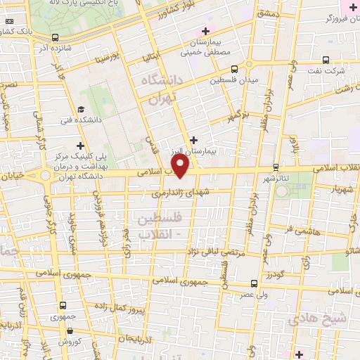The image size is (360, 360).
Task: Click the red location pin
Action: click(x=181, y=167)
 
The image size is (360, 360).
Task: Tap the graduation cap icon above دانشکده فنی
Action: click(x=82, y=110)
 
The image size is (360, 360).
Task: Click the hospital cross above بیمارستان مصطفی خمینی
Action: click(x=205, y=31)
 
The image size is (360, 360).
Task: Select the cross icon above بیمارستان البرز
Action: click(x=194, y=140)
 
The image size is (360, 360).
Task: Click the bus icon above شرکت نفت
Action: click(x=326, y=60)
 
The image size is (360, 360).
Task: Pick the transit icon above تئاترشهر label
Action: click(x=275, y=167)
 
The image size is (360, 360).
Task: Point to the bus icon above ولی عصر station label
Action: click(x=254, y=283)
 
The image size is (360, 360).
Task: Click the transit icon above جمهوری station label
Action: click(x=64, y=305)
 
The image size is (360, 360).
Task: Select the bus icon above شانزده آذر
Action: click(x=56, y=38)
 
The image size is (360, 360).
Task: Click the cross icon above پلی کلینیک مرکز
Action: click(x=81, y=144)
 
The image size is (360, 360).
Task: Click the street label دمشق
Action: click(x=269, y=13)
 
